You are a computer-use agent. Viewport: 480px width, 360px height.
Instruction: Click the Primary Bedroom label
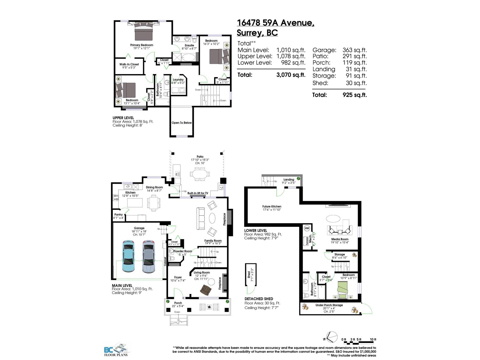coord(142,45)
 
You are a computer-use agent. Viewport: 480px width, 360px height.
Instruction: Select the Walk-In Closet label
coord(129,64)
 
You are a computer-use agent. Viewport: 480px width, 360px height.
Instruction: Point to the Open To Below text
coord(181,123)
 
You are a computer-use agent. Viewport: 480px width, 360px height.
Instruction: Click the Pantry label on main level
coord(118,214)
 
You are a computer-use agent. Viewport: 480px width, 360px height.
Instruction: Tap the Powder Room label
coord(183,251)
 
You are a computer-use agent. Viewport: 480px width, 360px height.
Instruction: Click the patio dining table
coord(199,174)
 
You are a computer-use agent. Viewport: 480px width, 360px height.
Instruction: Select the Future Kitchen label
coord(272,206)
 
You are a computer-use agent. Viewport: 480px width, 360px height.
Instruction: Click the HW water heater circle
coord(307,228)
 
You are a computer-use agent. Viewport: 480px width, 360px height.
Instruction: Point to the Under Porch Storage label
coord(329,305)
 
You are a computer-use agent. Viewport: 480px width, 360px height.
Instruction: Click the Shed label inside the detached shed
coord(249,275)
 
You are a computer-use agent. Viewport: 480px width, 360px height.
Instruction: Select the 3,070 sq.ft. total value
coord(290,75)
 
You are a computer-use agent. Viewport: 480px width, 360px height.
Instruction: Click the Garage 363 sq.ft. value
coord(354,50)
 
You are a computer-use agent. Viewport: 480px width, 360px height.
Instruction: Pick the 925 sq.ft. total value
coord(354,95)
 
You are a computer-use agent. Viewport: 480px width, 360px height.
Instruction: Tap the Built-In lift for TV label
coord(198,193)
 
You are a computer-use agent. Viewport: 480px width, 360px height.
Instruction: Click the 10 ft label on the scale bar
coord(373,339)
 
